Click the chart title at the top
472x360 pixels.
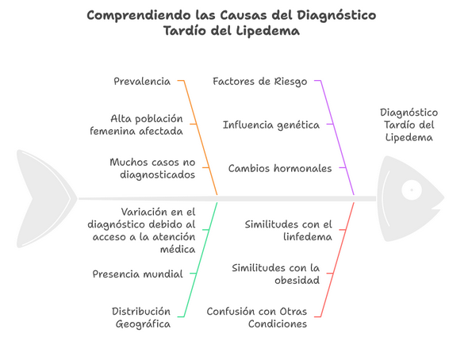(231, 22)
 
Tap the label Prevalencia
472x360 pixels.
(142, 81)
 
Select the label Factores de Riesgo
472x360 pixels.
(259, 82)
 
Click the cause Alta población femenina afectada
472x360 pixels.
(136, 124)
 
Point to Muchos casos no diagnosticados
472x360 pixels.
(152, 168)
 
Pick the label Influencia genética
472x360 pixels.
(271, 125)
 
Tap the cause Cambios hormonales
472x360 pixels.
(280, 168)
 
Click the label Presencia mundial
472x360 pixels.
(137, 274)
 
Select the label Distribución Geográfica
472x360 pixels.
(141, 317)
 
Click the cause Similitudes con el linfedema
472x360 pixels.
(289, 231)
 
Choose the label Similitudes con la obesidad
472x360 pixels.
(276, 274)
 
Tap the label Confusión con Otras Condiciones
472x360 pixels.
(257, 317)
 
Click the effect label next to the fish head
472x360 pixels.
(409, 125)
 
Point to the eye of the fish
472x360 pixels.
(412, 190)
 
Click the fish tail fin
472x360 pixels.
(45, 199)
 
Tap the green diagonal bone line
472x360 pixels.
(201, 260)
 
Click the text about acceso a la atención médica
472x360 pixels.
(141, 231)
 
